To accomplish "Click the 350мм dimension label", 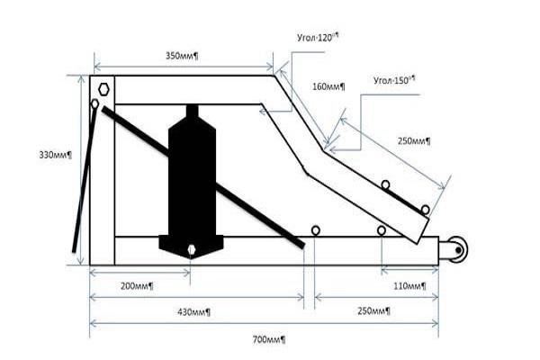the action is [x=182, y=56].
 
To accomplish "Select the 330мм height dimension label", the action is [x=56, y=155].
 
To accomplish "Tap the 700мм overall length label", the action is [x=269, y=339].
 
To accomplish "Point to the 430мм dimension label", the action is [x=193, y=312].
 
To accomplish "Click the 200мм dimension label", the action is [x=137, y=286].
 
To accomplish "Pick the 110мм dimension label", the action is [x=409, y=286].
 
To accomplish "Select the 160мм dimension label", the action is [x=328, y=86].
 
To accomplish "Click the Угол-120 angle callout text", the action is [x=318, y=37].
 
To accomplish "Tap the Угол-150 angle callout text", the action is [x=394, y=80].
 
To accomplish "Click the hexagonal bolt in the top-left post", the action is [x=103, y=90].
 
